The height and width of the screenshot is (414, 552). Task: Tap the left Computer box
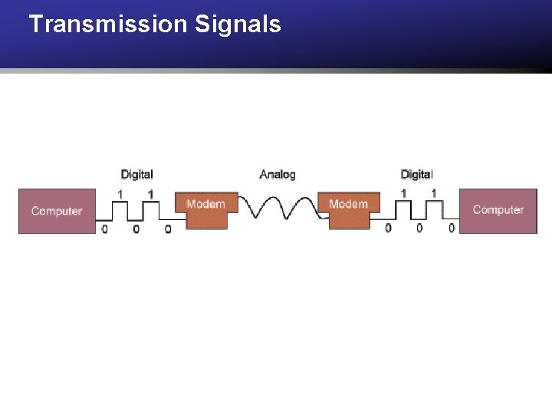pos(57,211)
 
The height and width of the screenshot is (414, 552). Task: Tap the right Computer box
pos(498,209)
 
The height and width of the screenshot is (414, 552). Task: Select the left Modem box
pos(205,209)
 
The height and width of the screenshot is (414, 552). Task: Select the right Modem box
pos(348,209)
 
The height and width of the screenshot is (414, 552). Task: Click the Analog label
pos(278,175)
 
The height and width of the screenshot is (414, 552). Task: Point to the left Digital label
pos(136,175)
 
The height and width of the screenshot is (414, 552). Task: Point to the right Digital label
pos(416,175)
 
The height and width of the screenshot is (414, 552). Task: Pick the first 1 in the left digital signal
pos(120,193)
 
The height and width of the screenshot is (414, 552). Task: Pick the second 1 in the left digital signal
pos(151,193)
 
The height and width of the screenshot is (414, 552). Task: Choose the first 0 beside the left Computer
pos(104,228)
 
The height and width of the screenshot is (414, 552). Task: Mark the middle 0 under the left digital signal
pos(136,228)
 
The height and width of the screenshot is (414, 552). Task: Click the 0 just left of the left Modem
pos(168,228)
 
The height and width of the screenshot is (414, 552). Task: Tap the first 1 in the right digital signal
pos(403,193)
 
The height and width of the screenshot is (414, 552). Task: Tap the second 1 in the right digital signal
pos(434,193)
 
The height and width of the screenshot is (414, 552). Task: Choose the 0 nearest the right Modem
pos(388,228)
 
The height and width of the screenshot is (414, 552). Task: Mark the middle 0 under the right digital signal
pos(419,228)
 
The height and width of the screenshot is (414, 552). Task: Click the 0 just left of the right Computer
pos(452,228)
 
